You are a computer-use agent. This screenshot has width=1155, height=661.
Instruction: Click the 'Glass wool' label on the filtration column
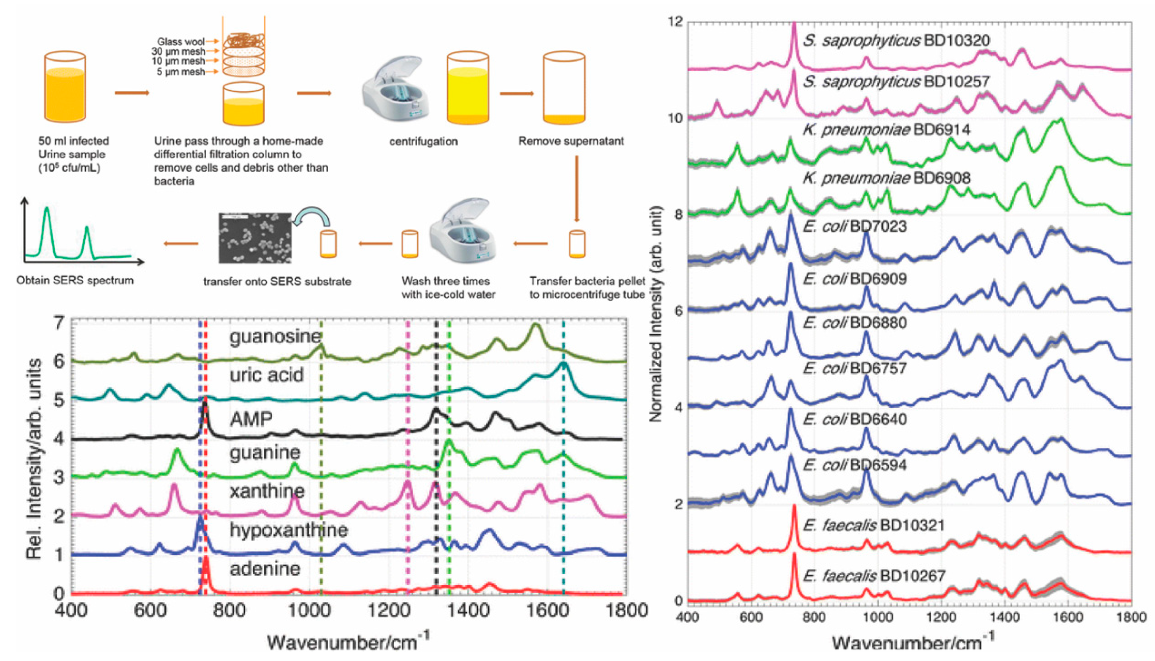181,41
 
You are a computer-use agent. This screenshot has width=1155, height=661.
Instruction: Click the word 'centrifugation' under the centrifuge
423,141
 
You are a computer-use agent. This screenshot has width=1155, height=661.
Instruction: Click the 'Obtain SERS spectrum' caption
75,280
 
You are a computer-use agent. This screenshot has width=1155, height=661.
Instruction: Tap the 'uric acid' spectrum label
267,375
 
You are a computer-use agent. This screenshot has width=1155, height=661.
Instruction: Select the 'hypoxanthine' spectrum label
289,530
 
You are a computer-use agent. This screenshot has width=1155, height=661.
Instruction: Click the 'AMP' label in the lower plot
251,419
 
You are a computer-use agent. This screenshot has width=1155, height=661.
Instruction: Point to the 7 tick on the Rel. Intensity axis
59,323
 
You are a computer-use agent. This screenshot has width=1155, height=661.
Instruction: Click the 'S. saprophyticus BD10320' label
896,41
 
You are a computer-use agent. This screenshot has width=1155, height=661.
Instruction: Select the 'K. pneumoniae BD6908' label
886,178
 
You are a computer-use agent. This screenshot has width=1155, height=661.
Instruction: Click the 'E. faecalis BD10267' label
874,576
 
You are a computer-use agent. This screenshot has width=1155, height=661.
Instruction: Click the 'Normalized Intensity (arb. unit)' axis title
655,313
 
